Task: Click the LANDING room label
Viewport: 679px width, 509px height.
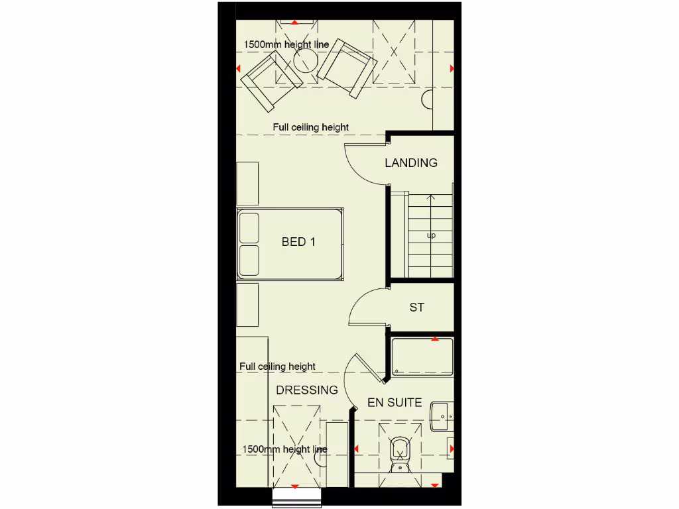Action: coord(411,162)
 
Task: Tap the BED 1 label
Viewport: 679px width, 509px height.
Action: coord(298,242)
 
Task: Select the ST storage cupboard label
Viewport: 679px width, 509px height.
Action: coord(416,308)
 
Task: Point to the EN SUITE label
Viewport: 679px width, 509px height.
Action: coord(395,402)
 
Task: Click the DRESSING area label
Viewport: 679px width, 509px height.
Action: coord(307,390)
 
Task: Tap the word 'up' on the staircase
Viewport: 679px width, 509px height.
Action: coord(431,235)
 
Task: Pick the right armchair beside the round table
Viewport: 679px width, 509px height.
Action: coord(347,67)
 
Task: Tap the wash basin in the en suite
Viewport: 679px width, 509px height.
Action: coord(441,416)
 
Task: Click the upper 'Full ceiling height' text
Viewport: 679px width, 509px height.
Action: coord(310,127)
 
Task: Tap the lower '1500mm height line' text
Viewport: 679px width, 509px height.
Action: coord(284,449)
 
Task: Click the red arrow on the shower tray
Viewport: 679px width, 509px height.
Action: coord(435,339)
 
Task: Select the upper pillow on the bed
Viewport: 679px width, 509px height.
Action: coord(249,227)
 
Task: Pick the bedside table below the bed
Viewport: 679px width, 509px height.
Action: coord(247,304)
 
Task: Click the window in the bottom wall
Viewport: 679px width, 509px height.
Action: coord(296,497)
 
